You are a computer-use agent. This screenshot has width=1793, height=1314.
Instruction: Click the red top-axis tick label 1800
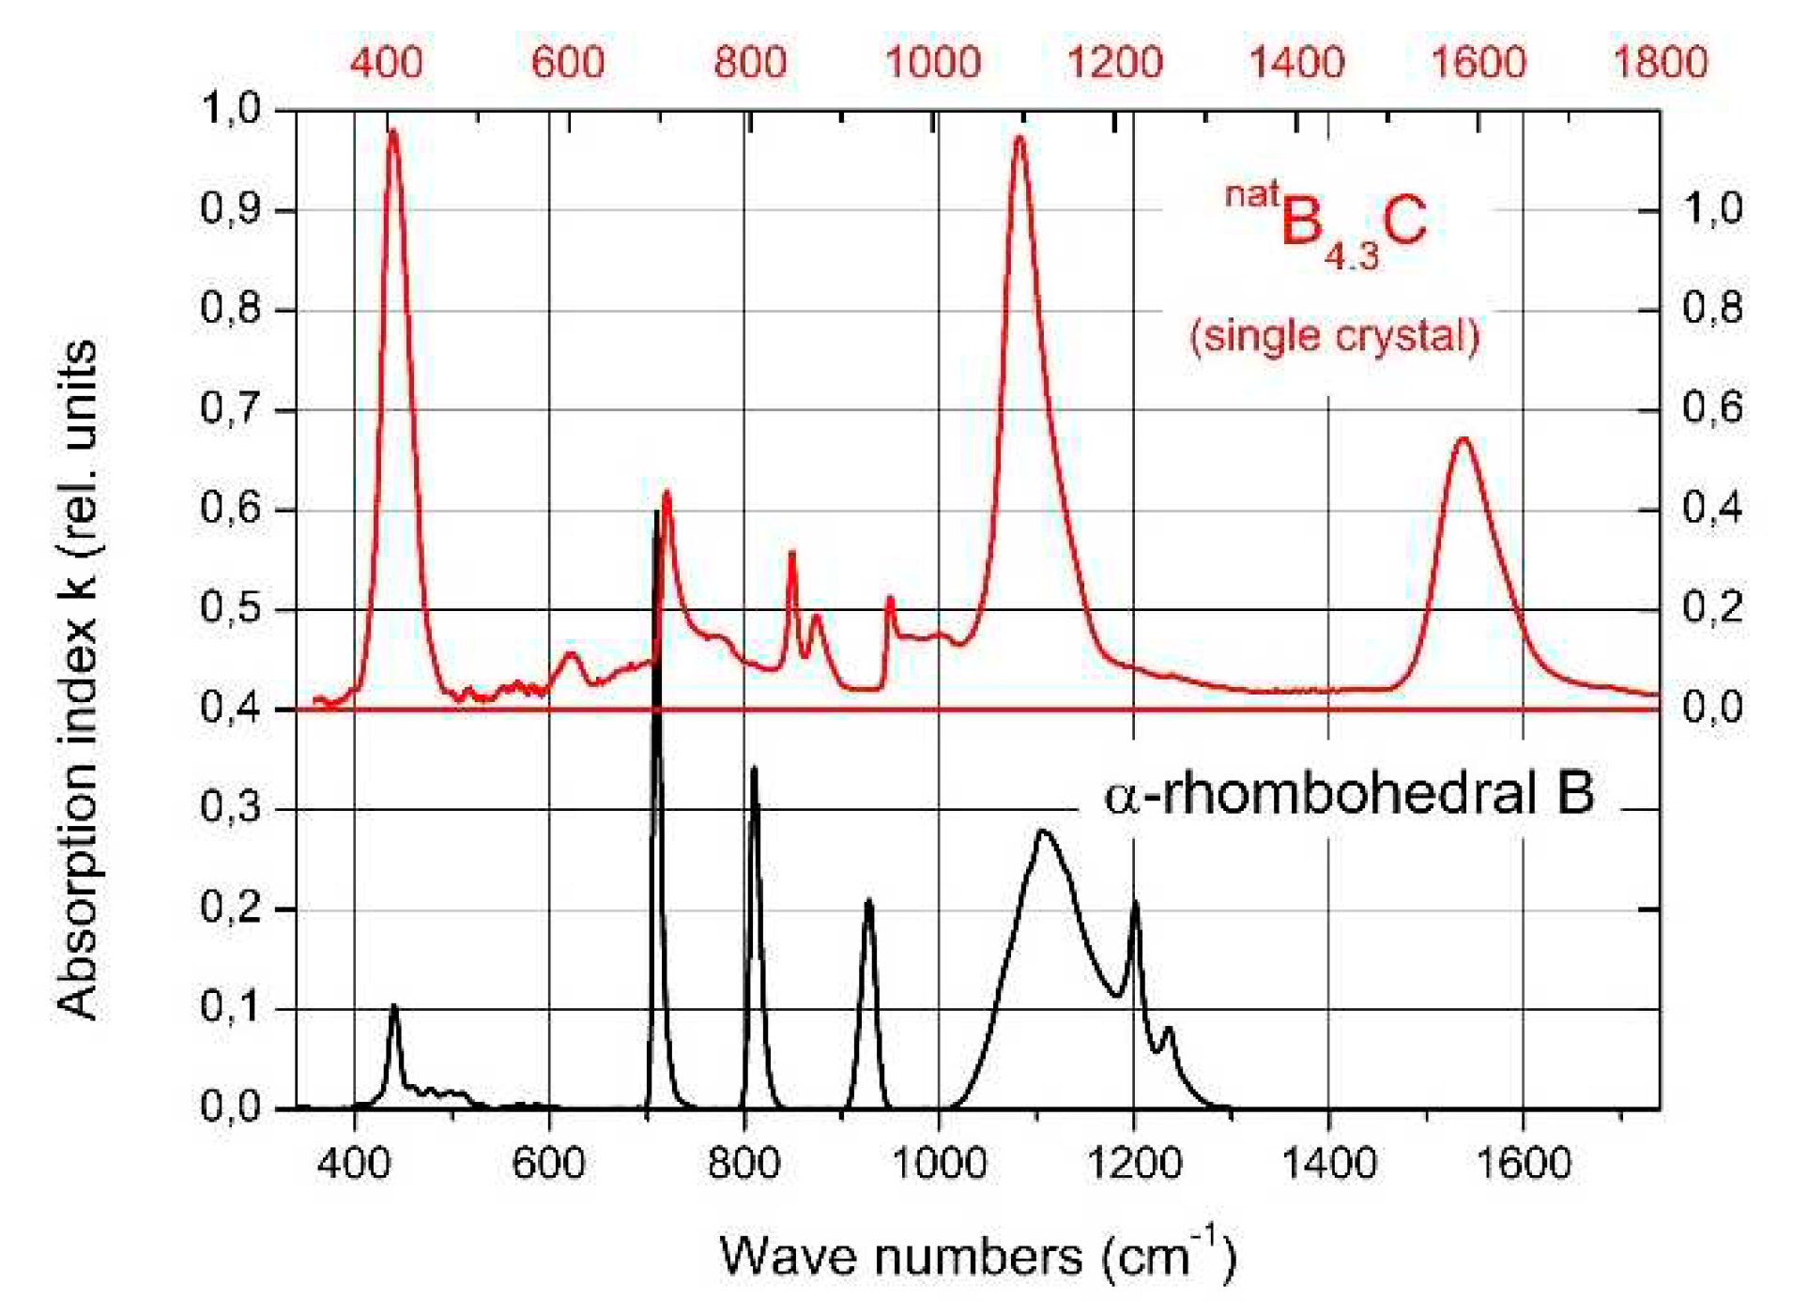click(x=1659, y=62)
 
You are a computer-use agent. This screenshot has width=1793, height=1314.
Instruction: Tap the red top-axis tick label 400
click(x=386, y=62)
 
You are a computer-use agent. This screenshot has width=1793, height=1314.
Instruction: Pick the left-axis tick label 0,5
click(x=231, y=608)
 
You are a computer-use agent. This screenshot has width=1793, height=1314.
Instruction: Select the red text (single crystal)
click(x=1334, y=336)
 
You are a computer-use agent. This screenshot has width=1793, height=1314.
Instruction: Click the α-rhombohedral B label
click(x=1348, y=794)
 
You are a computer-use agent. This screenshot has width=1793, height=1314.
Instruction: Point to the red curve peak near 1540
click(x=1463, y=438)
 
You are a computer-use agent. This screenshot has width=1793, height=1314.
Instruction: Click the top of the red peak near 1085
click(x=1019, y=138)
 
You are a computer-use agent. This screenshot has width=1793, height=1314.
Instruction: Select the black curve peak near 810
click(x=753, y=769)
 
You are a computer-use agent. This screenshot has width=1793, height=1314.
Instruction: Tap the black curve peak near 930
click(x=869, y=901)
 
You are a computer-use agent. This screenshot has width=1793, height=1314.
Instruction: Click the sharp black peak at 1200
click(x=1135, y=903)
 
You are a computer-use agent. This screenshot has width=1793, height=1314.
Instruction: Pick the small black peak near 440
click(x=394, y=1006)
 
